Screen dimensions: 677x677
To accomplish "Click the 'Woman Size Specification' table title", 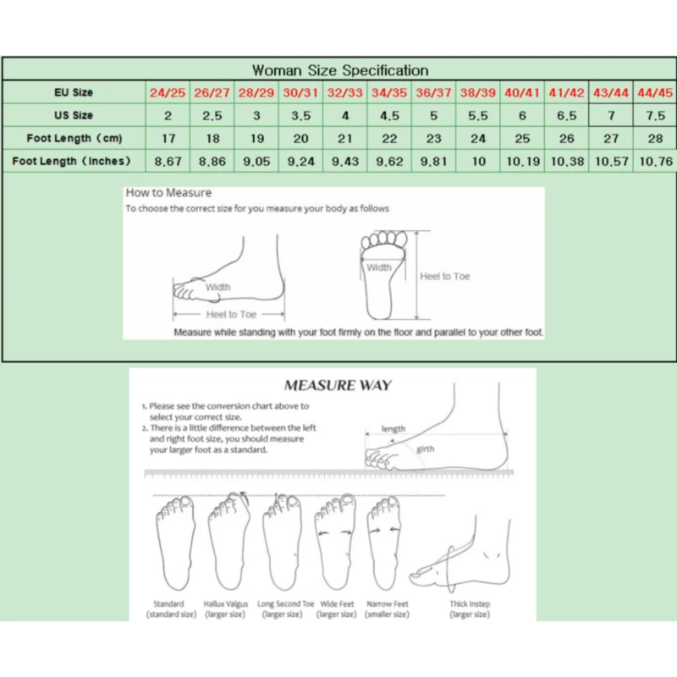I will [x=340, y=70].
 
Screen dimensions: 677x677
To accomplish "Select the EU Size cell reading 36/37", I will [x=434, y=92].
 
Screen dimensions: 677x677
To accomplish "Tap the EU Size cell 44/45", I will [x=654, y=92].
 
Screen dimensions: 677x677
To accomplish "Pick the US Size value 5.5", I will [x=478, y=116].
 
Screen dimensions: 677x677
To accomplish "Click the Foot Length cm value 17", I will [x=168, y=139].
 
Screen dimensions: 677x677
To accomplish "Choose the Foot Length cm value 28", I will [x=654, y=139].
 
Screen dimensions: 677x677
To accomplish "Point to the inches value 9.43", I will [x=344, y=162].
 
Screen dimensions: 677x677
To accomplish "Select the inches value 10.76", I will [x=654, y=162].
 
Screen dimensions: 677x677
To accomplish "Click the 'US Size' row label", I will [x=72, y=115].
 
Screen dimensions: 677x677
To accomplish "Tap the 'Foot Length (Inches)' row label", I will [x=72, y=161].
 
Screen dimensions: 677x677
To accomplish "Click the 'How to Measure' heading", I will [x=168, y=193].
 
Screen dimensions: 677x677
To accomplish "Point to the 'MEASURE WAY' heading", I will [x=338, y=386].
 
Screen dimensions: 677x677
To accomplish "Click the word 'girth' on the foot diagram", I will [x=425, y=449].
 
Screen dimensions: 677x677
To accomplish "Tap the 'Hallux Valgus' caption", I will [x=225, y=604].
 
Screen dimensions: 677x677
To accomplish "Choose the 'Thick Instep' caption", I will [x=470, y=604].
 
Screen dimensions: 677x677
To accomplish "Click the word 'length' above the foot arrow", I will [x=394, y=430].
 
